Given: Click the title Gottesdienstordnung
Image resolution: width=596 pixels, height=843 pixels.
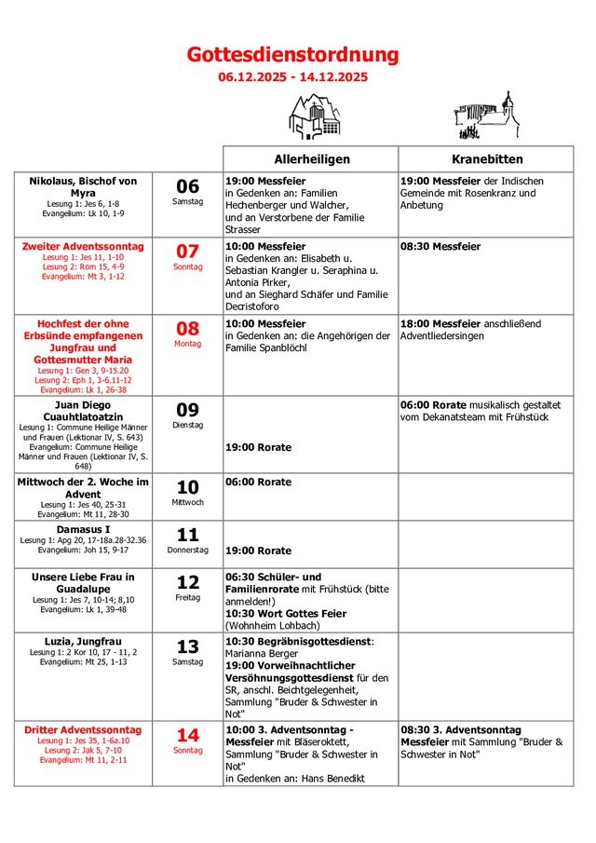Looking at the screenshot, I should tap(292, 56).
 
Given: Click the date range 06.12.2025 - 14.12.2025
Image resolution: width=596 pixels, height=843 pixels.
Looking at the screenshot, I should tap(292, 77).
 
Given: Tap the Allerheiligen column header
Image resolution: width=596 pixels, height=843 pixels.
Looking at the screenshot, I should tap(311, 159).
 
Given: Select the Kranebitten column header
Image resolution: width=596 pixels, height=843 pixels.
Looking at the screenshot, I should tap(487, 159).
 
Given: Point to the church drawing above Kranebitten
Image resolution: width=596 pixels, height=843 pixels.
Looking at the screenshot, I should tap(486, 116).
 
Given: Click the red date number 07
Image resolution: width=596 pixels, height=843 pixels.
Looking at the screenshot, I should tap(187, 251).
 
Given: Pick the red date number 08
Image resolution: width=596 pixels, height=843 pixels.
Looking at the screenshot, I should tap(187, 328).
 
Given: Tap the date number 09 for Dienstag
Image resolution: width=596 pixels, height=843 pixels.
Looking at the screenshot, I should tap(187, 409).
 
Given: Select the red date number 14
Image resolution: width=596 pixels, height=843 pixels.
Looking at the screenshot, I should tap(187, 735).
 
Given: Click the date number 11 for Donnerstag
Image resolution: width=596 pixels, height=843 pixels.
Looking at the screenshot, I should tap(187, 535).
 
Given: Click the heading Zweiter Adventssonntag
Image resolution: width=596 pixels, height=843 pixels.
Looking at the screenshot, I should tap(83, 246).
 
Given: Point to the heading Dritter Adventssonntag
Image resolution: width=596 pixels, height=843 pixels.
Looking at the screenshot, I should tap(83, 730).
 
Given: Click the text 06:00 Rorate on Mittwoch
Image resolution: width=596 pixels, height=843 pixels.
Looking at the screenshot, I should tap(258, 482).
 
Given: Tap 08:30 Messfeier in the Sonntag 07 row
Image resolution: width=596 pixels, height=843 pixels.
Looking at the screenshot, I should tap(440, 246).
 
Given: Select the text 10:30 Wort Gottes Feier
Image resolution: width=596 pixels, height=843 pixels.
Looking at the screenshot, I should tap(286, 614).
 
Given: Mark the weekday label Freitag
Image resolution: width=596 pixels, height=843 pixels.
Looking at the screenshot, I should tap(187, 597).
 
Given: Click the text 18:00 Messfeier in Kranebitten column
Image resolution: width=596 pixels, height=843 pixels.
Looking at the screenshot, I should tap(440, 323).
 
